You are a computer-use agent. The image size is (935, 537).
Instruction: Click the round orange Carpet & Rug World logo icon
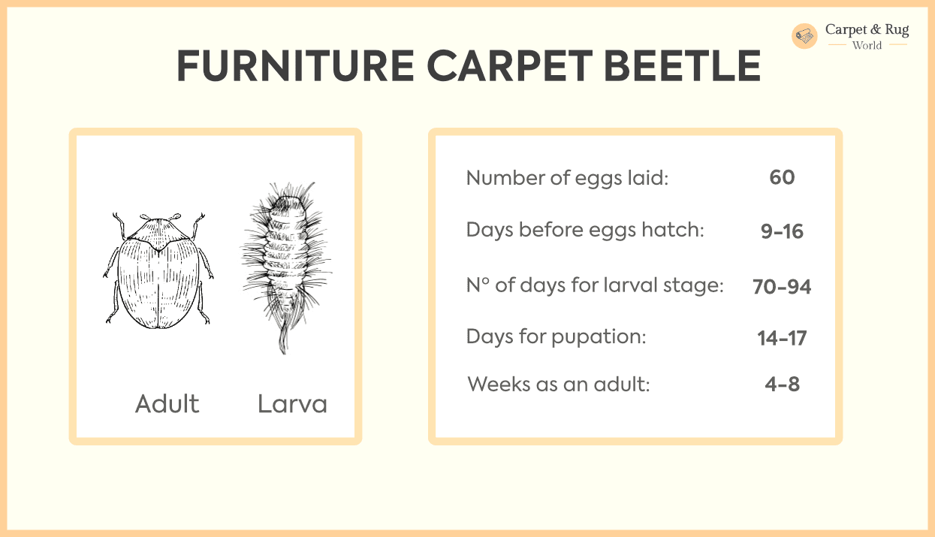click(804, 36)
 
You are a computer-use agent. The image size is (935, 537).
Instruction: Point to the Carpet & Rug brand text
click(867, 29)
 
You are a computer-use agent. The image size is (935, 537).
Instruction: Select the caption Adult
click(167, 404)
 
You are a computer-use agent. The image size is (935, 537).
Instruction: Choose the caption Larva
click(292, 404)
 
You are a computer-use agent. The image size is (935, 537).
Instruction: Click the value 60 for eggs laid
click(782, 177)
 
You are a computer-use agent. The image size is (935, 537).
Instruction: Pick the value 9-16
click(782, 231)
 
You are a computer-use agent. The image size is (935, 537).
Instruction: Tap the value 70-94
click(782, 286)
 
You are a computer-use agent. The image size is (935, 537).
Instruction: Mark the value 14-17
click(782, 338)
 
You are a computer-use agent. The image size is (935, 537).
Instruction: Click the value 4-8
click(782, 385)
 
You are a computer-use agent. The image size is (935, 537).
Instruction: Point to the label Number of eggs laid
click(567, 178)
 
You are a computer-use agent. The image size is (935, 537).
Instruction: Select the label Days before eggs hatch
click(585, 230)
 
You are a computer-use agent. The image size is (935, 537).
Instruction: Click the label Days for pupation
click(556, 336)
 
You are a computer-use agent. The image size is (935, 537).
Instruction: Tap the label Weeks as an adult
click(558, 385)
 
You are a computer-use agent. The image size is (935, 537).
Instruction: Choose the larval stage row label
click(595, 285)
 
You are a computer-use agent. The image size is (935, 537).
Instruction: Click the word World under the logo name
click(867, 45)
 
